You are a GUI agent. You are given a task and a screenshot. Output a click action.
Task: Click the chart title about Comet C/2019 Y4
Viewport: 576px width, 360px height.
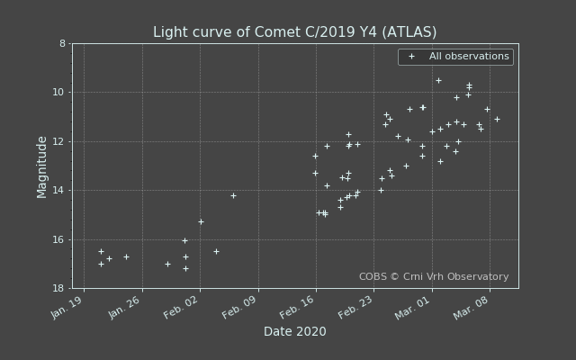click(x=294, y=32)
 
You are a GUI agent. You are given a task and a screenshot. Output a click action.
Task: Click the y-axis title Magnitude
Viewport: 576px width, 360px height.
click(x=42, y=166)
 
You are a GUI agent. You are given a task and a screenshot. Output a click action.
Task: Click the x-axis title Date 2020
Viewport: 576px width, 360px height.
click(x=294, y=332)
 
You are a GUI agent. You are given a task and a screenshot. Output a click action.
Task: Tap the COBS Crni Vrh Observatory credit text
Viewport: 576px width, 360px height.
click(x=434, y=277)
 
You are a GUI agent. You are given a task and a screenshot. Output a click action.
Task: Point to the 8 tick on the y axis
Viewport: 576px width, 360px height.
click(x=62, y=43)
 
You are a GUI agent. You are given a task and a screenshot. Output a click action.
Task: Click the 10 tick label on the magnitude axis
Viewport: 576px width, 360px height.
click(x=59, y=93)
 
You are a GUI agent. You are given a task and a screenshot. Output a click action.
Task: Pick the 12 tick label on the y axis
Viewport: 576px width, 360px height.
click(x=59, y=141)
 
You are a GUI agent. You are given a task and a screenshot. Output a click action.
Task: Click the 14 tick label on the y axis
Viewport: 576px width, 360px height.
click(x=59, y=191)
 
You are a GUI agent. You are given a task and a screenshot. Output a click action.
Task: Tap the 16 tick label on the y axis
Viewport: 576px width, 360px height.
click(x=59, y=239)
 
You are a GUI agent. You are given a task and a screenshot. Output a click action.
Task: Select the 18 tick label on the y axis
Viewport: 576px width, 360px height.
click(x=59, y=289)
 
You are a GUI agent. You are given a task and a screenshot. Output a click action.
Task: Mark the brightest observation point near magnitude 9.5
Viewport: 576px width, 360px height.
click(x=438, y=80)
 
